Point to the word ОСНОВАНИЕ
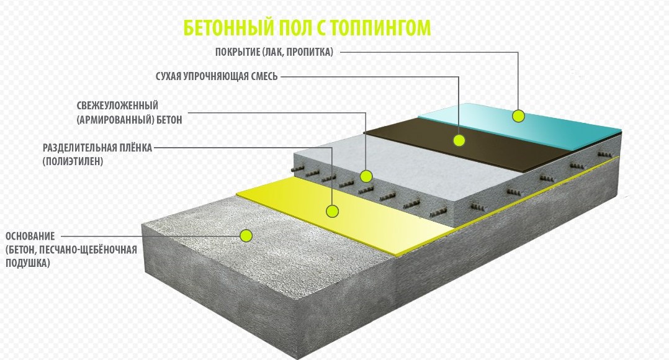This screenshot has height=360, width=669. pos(30,236)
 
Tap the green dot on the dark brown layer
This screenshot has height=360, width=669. pos(459,140)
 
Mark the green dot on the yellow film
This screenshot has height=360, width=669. pos(333,210)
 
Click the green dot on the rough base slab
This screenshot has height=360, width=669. pos(246,235)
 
